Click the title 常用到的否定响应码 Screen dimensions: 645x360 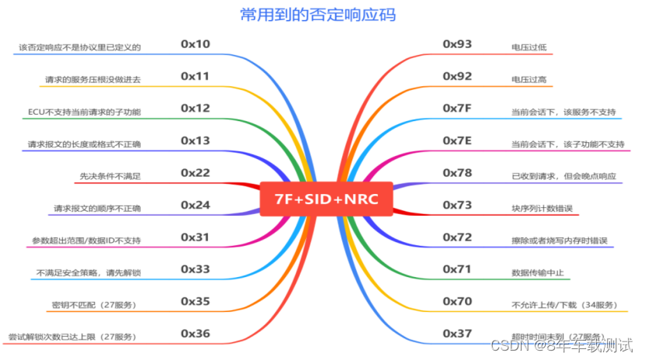321,15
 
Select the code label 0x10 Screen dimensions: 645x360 195,43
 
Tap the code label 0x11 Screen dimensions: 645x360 195,76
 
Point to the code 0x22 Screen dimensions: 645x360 195,172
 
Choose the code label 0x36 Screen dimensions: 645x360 195,333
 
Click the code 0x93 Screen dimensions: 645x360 457,43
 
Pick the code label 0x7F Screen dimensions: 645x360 457,108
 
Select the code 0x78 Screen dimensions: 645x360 457,172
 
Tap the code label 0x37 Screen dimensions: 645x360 457,333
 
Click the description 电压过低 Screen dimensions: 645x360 529,47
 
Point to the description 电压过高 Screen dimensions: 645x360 529,80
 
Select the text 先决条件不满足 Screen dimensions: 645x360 110,176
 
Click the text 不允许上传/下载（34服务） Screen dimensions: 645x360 564,304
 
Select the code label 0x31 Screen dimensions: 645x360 195,237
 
